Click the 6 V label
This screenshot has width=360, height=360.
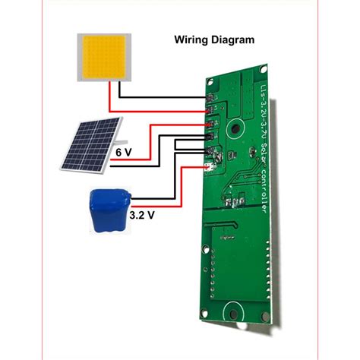pos(124,152)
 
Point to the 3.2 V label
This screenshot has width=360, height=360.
pos(141,216)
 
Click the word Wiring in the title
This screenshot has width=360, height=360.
pos(192,38)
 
